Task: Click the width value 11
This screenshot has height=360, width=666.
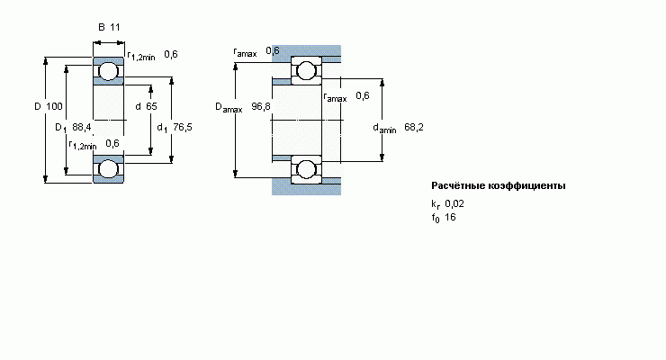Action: tap(115, 27)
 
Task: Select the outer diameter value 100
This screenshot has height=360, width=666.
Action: tap(54, 107)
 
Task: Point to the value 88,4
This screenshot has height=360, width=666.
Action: tap(82, 128)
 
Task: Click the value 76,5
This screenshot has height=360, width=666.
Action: tap(183, 128)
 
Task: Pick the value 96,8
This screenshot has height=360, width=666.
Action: tap(261, 107)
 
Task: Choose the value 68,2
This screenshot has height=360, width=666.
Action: tap(414, 128)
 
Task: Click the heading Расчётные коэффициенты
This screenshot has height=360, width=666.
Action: tap(499, 186)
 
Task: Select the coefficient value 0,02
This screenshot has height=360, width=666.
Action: tap(454, 203)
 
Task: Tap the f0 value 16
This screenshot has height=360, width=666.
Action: tap(450, 217)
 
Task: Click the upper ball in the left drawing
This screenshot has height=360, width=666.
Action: tap(108, 71)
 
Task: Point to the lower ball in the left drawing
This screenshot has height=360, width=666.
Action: tap(108, 168)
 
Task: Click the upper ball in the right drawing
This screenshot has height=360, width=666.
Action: tap(306, 71)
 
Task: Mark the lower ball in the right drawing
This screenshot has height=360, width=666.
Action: tap(306, 168)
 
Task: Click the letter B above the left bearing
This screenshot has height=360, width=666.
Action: tap(101, 27)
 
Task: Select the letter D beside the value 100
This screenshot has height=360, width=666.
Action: tap(38, 107)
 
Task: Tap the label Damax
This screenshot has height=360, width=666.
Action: tap(229, 108)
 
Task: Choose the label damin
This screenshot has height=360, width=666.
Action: tap(384, 129)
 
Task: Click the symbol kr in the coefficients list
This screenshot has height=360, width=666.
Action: tap(436, 204)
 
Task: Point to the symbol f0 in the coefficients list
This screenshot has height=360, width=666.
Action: tap(436, 218)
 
